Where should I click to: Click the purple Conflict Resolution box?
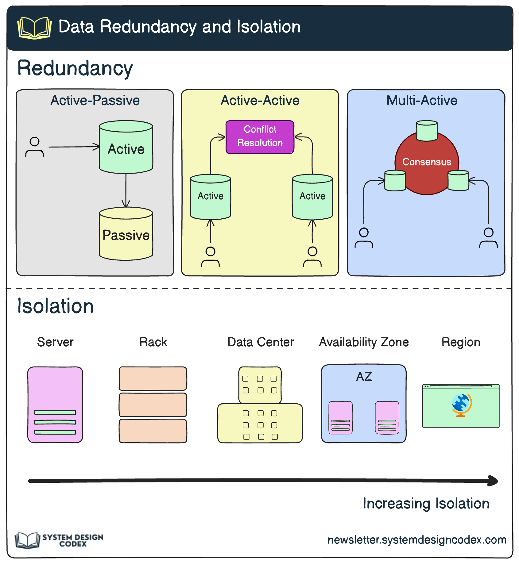point(260,137)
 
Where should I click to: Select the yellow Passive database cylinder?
point(126,235)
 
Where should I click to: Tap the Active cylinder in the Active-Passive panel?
point(126,149)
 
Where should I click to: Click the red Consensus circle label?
point(427,162)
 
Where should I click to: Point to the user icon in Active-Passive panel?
point(34,147)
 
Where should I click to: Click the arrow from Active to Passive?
point(126,190)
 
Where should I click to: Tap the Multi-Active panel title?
point(422,101)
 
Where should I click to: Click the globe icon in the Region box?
point(461,405)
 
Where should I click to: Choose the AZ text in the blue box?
point(364,377)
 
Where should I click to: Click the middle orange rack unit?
point(153,405)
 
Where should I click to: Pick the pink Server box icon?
point(55,405)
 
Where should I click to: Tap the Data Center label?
point(261,342)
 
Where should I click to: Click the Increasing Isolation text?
point(426,504)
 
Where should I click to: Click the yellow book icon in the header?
point(34,28)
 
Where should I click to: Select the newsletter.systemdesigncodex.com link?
point(417,540)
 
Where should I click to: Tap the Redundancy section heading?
point(75,68)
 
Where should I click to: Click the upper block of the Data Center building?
point(260,385)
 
